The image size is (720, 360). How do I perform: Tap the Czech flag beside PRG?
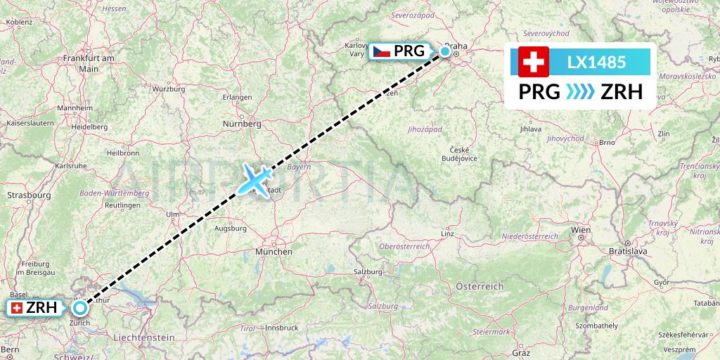381,51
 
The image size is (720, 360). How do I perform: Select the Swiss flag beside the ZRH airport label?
16,308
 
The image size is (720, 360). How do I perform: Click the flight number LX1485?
596,62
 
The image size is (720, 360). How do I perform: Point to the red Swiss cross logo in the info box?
533,62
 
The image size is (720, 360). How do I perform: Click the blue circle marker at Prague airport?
445,51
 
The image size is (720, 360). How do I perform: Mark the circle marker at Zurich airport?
81,307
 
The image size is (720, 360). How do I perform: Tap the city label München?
274,251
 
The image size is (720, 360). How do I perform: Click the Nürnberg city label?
241,124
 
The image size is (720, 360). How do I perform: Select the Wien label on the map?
581,230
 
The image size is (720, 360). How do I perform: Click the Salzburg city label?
368,272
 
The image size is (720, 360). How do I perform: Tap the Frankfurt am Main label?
89,63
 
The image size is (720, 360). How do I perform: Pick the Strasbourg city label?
29,194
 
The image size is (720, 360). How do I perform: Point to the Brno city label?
605,142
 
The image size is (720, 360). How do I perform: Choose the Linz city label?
446,233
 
